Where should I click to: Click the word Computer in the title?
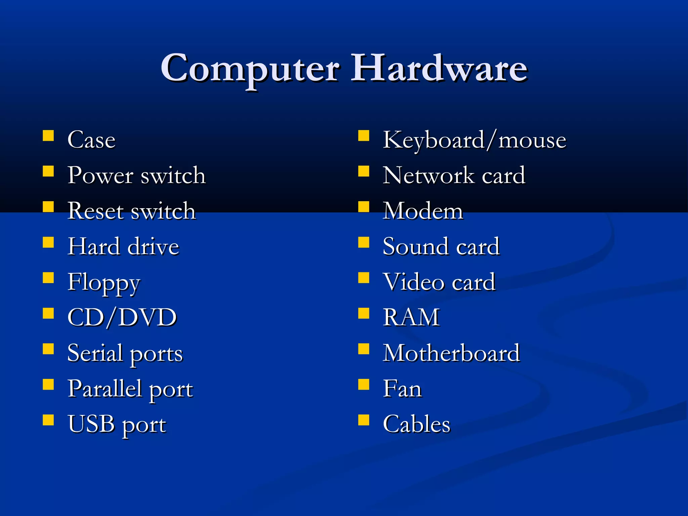(x=250, y=69)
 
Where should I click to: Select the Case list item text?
(x=91, y=140)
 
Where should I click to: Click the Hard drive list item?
(x=123, y=247)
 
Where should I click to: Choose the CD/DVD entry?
(x=122, y=317)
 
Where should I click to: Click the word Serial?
(x=95, y=353)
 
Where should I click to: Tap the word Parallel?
(x=104, y=389)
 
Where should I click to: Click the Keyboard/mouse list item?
(x=474, y=140)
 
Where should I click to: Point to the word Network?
(x=429, y=175)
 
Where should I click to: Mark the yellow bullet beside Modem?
(x=363, y=207)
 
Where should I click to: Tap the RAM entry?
(x=411, y=317)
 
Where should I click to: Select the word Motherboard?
(x=451, y=353)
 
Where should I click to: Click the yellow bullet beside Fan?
(x=363, y=384)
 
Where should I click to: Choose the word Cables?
(x=417, y=424)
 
